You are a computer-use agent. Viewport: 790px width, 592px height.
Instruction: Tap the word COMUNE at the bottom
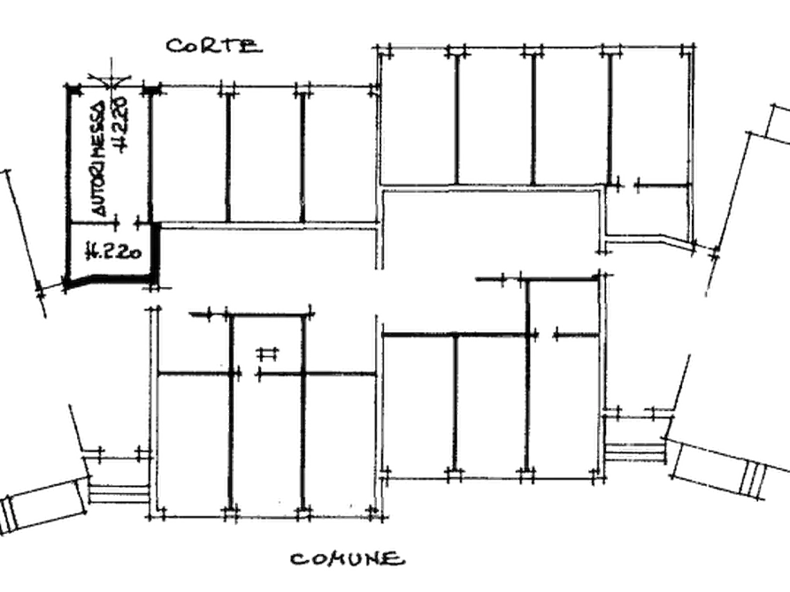pyautogui.click(x=348, y=558)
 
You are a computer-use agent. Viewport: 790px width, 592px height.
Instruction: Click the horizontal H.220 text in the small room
pyautogui.click(x=114, y=251)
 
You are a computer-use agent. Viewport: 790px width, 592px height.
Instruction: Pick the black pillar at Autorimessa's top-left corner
pyautogui.click(x=74, y=90)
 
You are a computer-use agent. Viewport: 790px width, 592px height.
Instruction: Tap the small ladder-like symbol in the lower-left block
pyautogui.click(x=267, y=354)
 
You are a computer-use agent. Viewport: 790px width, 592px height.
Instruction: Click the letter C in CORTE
pyautogui.click(x=174, y=46)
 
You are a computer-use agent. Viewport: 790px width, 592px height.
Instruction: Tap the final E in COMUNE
pyautogui.click(x=396, y=559)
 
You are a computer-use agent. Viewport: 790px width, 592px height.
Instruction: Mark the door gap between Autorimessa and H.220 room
pyautogui.click(x=127, y=222)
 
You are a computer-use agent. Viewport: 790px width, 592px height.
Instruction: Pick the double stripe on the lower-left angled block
pyautogui.click(x=9, y=513)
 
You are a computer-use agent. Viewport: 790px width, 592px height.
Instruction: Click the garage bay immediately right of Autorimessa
pyautogui.click(x=189, y=156)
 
